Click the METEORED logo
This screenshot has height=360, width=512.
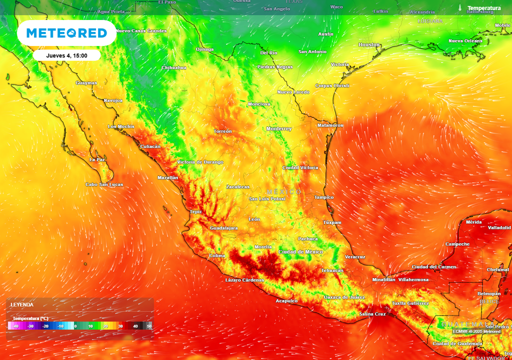66,33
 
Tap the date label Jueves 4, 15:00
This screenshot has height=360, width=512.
66,55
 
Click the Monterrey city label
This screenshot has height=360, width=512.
279,129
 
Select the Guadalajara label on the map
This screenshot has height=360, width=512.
223,228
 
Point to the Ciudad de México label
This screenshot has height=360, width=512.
300,252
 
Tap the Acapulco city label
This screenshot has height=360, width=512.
287,301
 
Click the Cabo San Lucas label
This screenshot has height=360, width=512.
104,184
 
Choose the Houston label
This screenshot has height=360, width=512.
369,45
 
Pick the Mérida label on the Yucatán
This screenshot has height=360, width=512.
473,222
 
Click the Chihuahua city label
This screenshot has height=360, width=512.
174,67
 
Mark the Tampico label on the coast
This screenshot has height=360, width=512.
323,197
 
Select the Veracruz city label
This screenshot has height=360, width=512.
355,257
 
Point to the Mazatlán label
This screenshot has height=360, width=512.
168,177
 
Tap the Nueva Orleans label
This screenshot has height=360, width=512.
465,41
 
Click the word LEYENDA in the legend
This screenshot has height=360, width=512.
22,304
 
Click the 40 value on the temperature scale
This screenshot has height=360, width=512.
135,326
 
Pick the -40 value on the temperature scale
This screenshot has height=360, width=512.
15,326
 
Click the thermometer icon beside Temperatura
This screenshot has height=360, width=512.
459,8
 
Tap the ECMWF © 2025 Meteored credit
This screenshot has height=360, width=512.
476,331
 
